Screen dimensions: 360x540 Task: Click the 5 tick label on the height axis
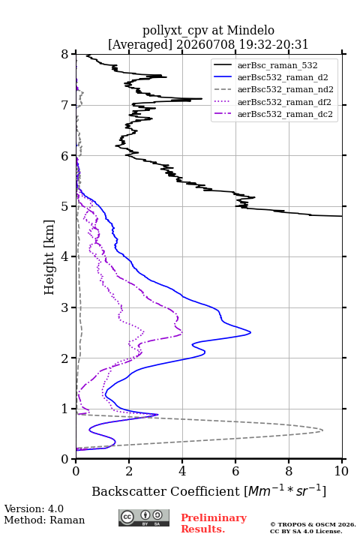[65, 206]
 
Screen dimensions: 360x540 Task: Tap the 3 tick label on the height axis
[65, 307]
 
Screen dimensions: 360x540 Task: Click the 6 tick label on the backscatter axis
[235, 471]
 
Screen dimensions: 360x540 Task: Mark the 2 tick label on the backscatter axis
[129, 471]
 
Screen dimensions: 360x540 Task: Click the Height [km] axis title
[49, 257]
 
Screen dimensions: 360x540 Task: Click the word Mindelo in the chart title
[250, 30]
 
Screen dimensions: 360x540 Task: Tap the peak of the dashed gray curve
[322, 430]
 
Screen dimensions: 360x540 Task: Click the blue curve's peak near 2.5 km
[250, 332]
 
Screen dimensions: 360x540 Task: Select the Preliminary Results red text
[214, 523]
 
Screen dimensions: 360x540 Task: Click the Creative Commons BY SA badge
[144, 517]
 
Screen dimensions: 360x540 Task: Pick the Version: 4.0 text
[34, 508]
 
